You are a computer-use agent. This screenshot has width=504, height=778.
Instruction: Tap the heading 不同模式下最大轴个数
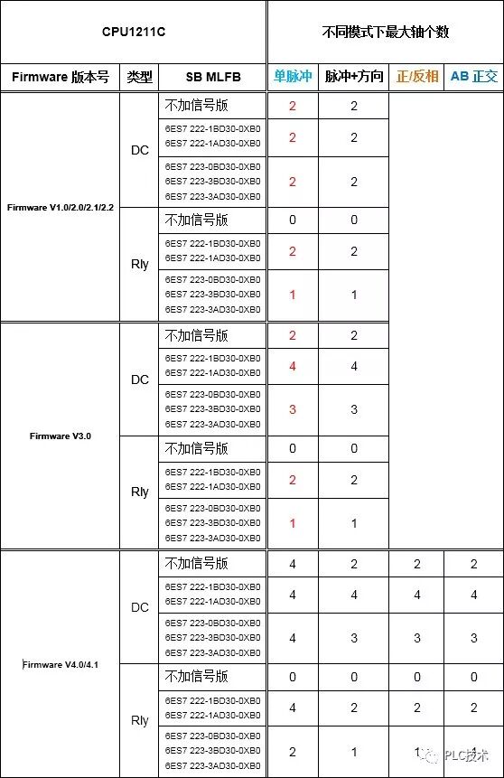tap(386, 33)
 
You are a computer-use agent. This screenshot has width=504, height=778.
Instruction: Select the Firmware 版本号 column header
tap(60, 77)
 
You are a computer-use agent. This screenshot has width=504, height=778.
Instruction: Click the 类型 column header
tap(139, 77)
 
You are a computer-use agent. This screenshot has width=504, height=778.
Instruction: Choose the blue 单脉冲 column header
tap(293, 77)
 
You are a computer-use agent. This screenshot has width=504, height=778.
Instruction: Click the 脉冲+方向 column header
tap(354, 77)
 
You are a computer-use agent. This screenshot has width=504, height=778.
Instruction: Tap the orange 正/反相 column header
tap(416, 77)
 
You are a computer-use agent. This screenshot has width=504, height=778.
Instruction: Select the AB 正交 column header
tap(474, 77)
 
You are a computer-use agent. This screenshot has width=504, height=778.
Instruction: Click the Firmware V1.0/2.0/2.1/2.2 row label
tap(60, 207)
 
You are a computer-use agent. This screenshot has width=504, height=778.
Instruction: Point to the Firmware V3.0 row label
tap(60, 436)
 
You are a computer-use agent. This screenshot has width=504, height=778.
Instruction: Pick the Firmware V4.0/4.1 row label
tap(60, 664)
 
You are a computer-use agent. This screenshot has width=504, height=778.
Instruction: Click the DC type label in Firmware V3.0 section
tap(139, 380)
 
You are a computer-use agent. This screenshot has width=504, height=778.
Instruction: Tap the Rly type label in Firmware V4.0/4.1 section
tap(139, 720)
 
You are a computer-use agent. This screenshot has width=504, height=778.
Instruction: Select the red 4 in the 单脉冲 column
tap(293, 366)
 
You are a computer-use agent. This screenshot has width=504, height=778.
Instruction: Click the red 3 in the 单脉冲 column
tap(293, 409)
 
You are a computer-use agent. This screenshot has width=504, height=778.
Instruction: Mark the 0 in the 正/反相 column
tap(416, 677)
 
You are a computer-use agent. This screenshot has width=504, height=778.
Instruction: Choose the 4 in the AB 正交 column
tap(474, 595)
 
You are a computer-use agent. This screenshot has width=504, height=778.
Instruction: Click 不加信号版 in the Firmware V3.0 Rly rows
tap(196, 449)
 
